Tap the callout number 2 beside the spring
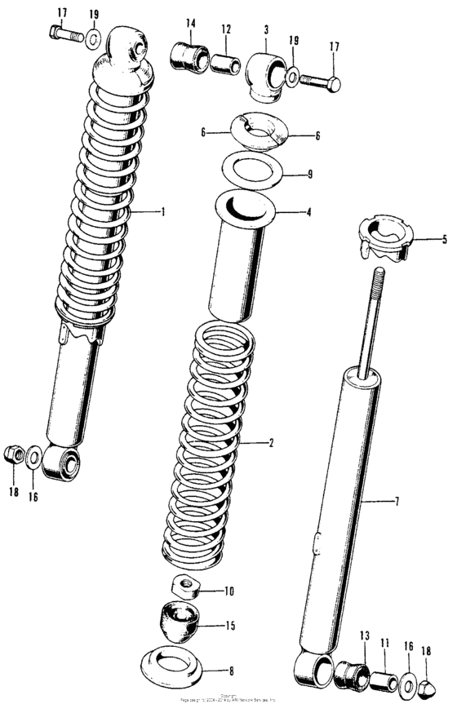click(270, 443)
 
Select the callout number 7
click(397, 501)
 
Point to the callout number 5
click(445, 240)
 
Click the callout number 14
click(190, 22)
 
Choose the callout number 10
click(229, 589)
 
